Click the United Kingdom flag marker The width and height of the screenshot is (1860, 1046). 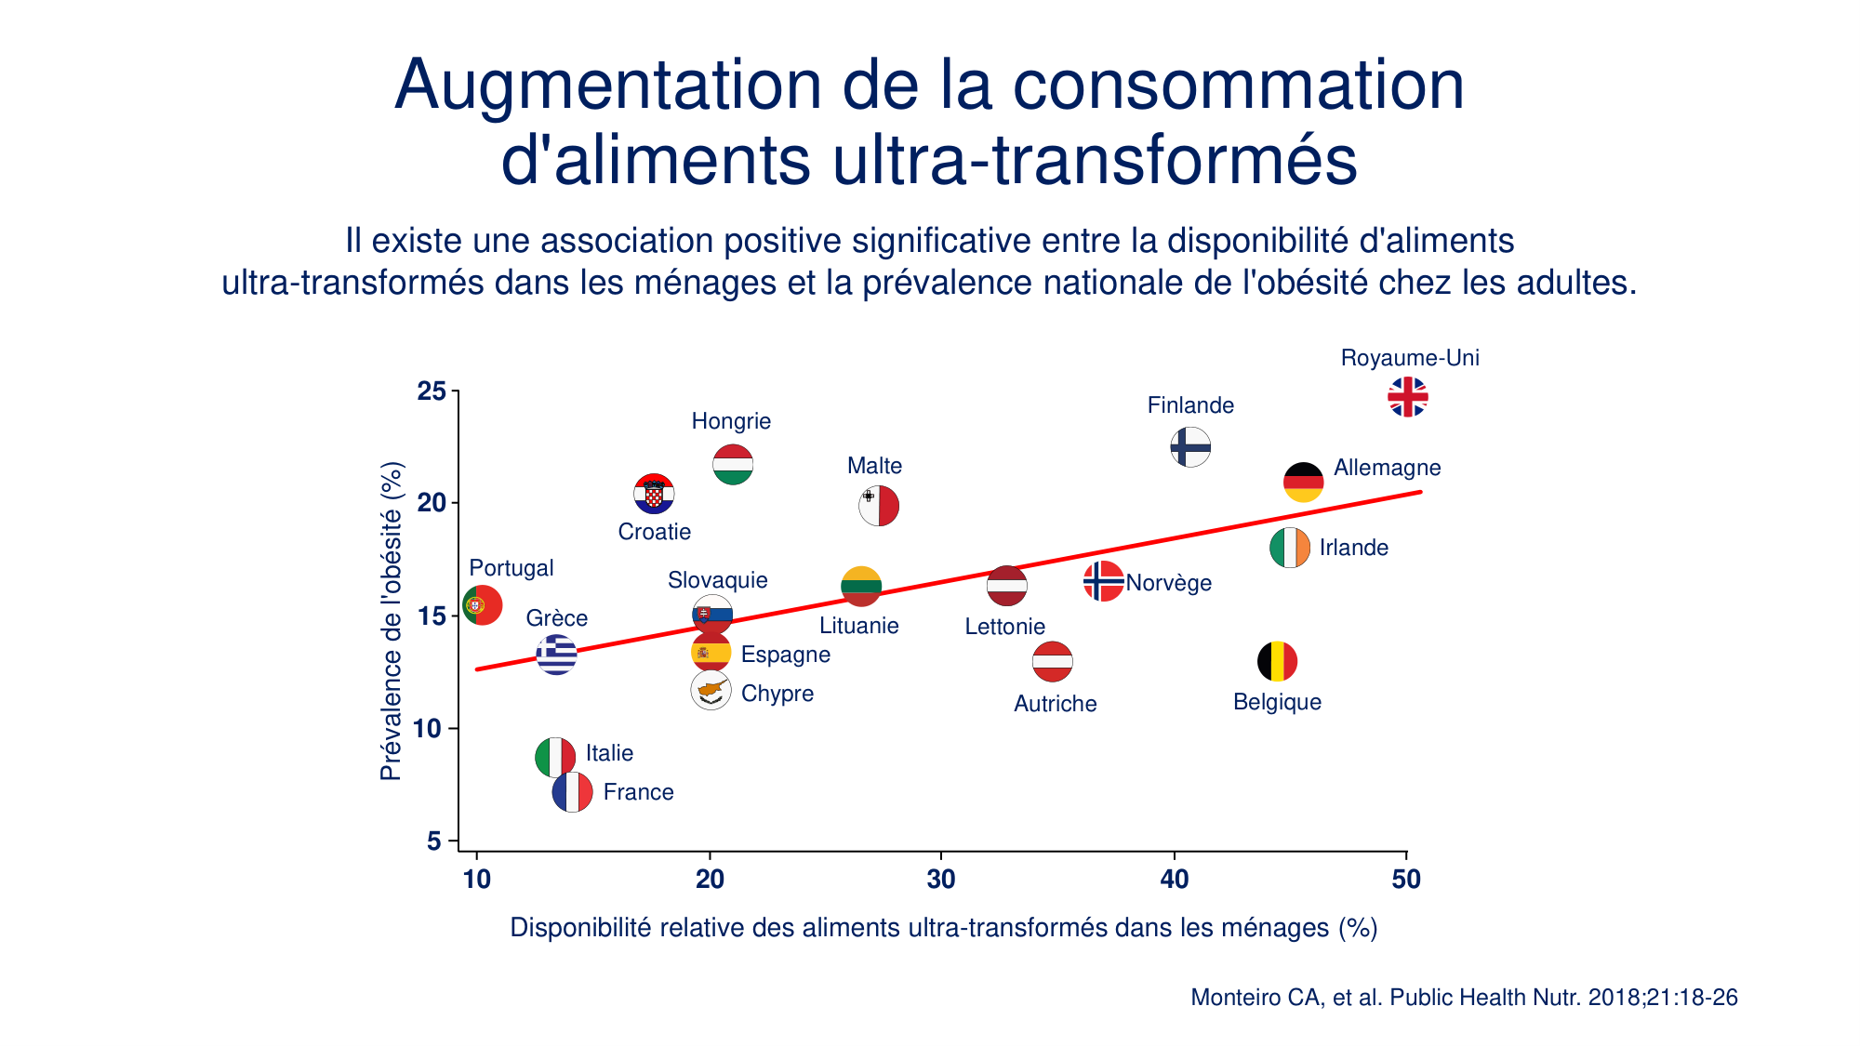(1407, 397)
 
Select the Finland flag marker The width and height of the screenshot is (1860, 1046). (1190, 447)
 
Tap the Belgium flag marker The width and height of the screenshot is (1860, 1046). (1277, 662)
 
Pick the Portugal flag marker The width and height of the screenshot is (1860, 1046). (483, 605)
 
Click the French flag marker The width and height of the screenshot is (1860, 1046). (572, 792)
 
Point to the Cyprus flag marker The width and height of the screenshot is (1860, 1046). (711, 691)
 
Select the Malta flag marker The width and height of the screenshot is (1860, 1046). (878, 506)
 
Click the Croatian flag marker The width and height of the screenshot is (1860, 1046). (654, 494)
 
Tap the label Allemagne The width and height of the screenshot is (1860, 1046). (1387, 468)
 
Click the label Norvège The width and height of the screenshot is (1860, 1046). (1168, 583)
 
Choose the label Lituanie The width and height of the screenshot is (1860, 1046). (858, 626)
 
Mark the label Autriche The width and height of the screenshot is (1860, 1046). (1055, 704)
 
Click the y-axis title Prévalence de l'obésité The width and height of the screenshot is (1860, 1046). (392, 621)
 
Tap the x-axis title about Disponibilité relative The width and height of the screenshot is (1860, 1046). (943, 928)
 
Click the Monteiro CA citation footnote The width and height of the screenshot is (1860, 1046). (1464, 998)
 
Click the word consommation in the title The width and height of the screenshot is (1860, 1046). (1238, 86)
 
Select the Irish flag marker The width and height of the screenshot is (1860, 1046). (1290, 548)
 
